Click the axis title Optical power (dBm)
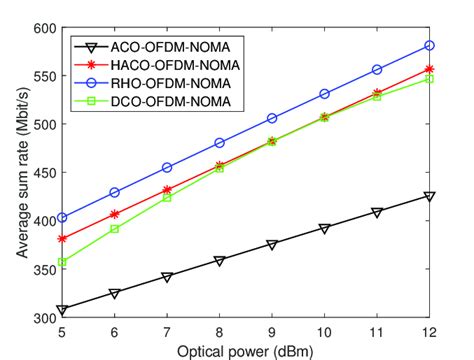pyautogui.click(x=246, y=350)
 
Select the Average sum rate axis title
pyautogui.click(x=18, y=173)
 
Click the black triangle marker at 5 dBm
pyautogui.click(x=63, y=310)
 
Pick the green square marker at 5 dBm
pyautogui.click(x=63, y=262)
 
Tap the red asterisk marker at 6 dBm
pyautogui.click(x=115, y=214)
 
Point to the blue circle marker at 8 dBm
pyautogui.click(x=220, y=143)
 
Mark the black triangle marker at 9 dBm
pyautogui.click(x=272, y=245)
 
